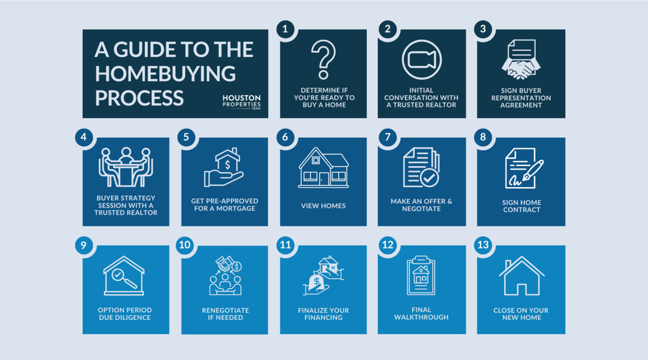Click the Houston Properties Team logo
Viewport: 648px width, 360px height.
pos(241,102)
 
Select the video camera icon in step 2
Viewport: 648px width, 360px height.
pos(422,60)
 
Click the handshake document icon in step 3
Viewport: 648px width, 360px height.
pos(521,59)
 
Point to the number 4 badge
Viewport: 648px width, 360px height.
pos(84,137)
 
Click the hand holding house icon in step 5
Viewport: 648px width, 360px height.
pos(224,167)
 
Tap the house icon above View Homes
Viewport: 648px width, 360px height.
pos(323,168)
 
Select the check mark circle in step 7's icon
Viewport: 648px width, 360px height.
pos(429,178)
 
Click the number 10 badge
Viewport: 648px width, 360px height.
pos(185,245)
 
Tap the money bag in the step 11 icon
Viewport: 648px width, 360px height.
pos(316,282)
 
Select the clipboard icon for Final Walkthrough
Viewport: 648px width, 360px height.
pos(421,275)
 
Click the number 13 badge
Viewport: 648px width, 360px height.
pos(483,245)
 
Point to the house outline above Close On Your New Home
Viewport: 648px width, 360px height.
pos(522,276)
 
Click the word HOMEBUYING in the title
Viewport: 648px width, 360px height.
pos(165,73)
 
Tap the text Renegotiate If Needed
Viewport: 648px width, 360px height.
pos(225,314)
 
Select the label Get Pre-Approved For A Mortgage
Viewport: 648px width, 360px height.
pos(225,205)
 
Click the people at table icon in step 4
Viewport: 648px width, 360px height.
pos(125,167)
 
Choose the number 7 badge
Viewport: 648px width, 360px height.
pos(388,137)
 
